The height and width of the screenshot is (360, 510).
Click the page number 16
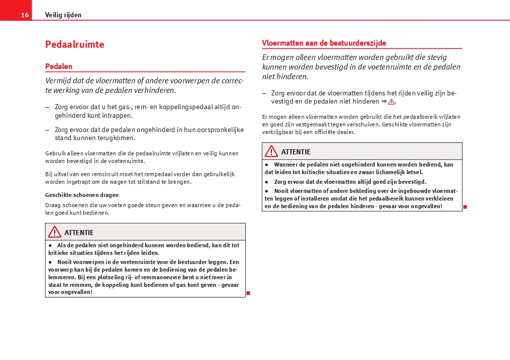(24, 15)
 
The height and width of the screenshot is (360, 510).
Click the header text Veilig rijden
(63, 15)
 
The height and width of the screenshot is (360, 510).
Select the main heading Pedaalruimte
(75, 44)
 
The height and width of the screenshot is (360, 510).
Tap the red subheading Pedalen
(59, 67)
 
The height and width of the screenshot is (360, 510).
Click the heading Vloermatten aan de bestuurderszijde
(324, 43)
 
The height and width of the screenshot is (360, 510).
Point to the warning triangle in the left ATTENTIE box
(55, 232)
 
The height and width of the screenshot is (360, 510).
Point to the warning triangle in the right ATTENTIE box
(271, 151)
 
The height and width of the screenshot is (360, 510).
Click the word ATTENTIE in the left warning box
(79, 233)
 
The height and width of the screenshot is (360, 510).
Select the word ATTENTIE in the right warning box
(296, 152)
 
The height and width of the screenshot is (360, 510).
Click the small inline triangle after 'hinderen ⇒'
(391, 102)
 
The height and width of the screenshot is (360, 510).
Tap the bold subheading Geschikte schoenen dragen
(82, 195)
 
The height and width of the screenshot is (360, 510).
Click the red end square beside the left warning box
(248, 293)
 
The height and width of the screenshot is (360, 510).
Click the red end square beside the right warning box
(465, 207)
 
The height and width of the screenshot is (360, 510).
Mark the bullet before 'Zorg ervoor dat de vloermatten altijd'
(267, 181)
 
